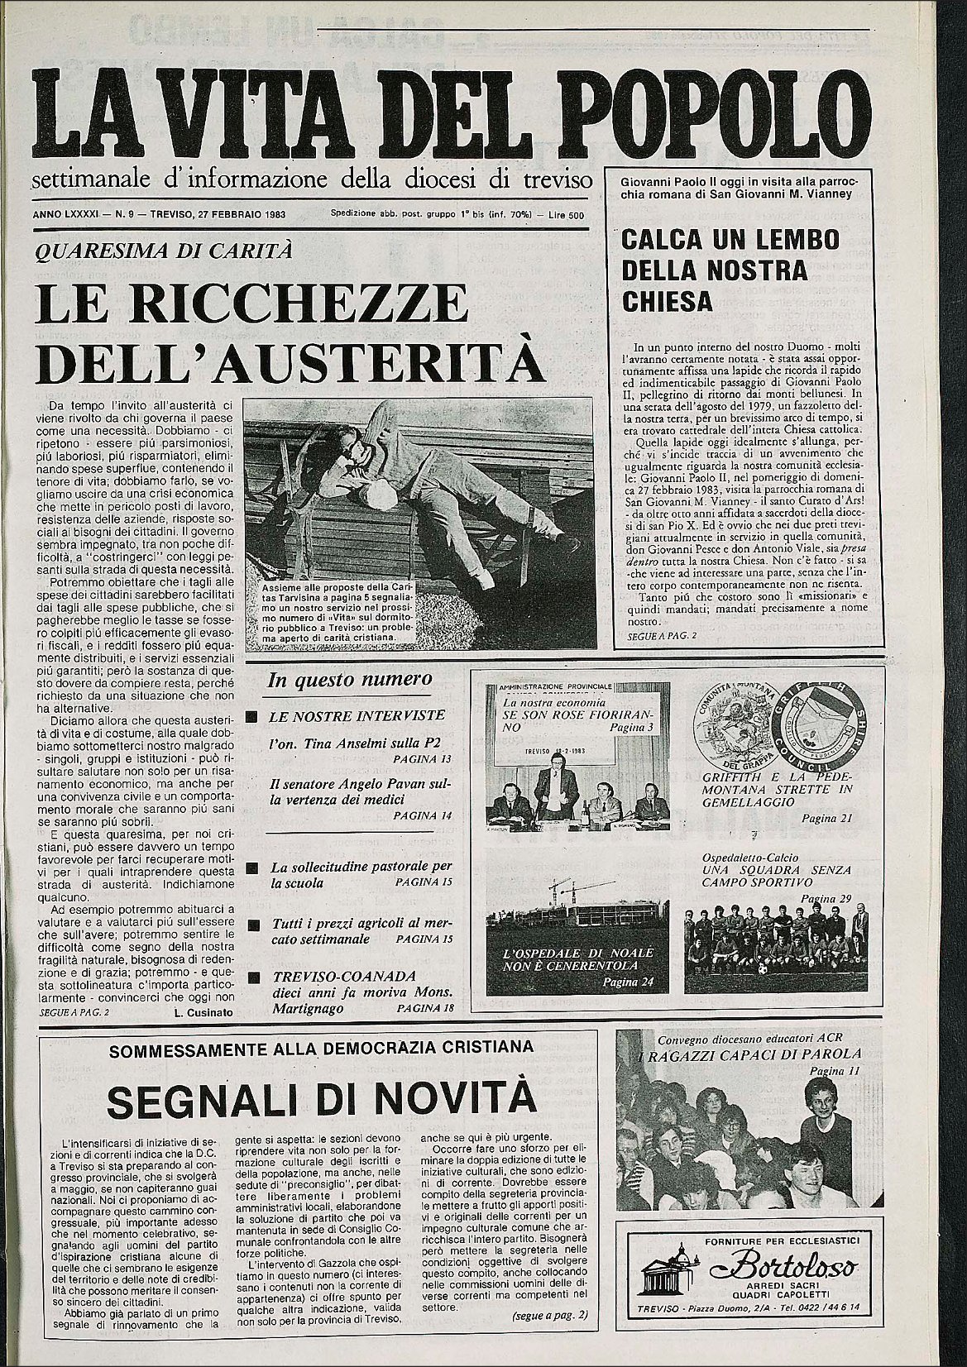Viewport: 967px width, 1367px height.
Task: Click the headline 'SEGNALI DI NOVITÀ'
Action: pos(322,1099)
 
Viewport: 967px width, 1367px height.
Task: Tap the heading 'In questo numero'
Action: pos(349,680)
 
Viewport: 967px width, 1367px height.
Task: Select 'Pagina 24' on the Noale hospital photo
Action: pos(629,982)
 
